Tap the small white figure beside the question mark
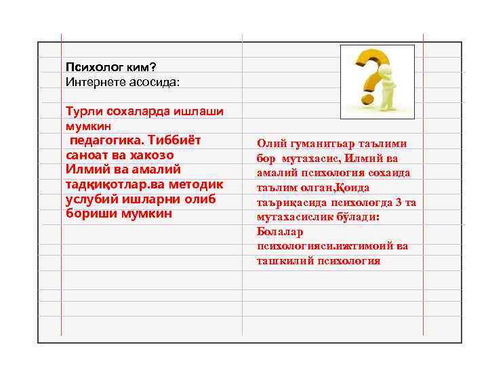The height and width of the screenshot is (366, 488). click(390, 88)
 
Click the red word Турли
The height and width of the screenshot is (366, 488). click(81, 110)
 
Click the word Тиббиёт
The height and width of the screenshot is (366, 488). click(175, 140)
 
